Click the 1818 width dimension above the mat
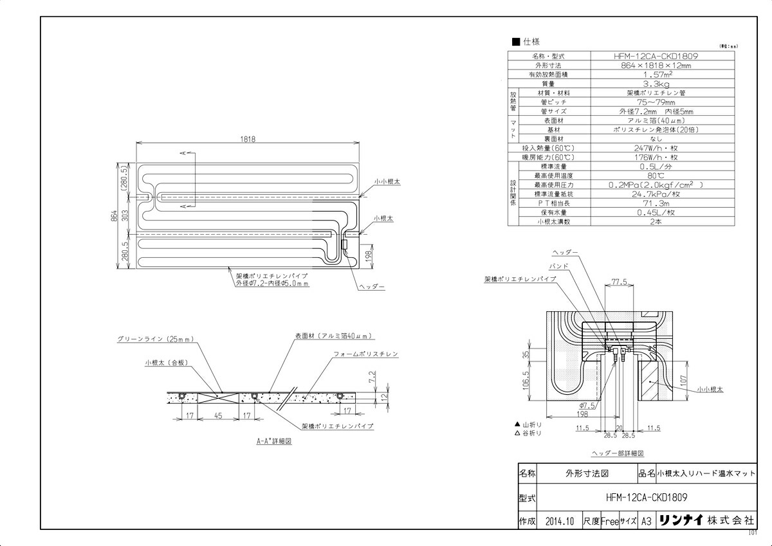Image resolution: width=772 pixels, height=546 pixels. [x=248, y=139]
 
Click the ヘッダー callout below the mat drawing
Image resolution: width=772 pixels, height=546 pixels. [x=372, y=286]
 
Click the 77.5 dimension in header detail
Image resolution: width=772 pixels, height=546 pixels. [x=619, y=282]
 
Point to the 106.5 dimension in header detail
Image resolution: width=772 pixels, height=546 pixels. [x=526, y=381]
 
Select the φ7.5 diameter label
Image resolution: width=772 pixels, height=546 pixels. [x=587, y=405]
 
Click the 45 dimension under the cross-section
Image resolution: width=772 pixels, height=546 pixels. [x=219, y=417]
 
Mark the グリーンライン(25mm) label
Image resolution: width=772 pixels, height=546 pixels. [x=155, y=338]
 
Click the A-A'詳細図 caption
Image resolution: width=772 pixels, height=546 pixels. [x=273, y=442]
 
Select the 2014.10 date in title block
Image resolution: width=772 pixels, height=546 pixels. [x=557, y=521]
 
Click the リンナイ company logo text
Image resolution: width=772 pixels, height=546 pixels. [x=681, y=521]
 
